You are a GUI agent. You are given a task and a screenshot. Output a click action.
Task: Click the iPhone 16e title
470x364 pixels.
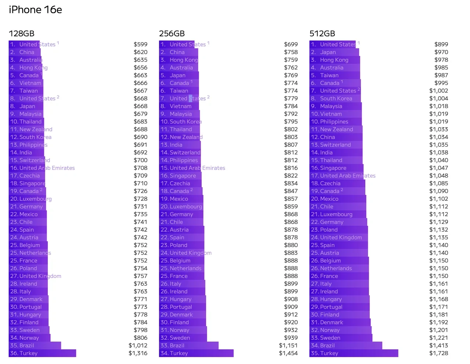click(35, 10)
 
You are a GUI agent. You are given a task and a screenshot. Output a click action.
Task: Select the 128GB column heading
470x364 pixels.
click(22, 33)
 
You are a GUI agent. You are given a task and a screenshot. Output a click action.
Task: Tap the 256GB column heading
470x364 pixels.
click(172, 33)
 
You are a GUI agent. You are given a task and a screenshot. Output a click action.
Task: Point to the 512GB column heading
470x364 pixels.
click(322, 33)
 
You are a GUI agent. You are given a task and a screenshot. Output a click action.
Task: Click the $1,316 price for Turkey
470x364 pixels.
click(138, 353)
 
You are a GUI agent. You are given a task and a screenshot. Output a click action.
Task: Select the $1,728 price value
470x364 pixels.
click(438, 353)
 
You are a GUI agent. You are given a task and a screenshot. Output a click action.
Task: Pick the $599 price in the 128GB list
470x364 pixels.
click(140, 44)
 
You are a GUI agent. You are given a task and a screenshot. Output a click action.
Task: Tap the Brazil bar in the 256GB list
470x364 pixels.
click(189, 346)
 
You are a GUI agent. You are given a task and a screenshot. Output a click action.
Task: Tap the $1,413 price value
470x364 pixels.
click(438, 346)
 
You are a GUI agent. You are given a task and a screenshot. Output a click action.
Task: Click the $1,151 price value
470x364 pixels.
click(288, 346)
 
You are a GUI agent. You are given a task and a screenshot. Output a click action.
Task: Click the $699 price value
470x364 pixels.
click(291, 44)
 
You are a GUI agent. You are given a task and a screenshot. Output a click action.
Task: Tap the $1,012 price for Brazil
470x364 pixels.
click(138, 346)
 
